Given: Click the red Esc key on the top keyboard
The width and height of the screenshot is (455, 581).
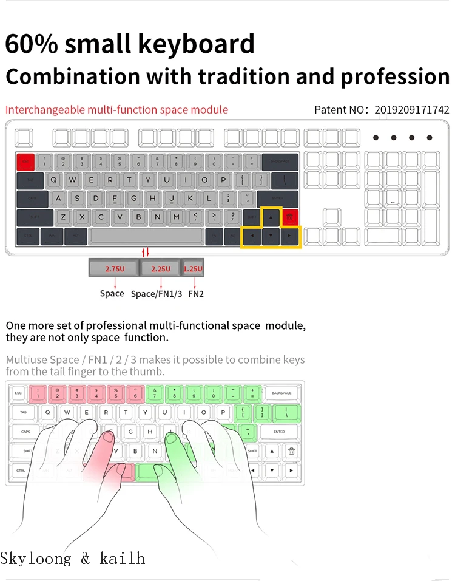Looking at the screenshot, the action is (x=25, y=161).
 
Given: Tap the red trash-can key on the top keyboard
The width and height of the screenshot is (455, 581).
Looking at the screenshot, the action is (x=290, y=217).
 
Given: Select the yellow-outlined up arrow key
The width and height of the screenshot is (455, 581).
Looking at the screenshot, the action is (x=271, y=217).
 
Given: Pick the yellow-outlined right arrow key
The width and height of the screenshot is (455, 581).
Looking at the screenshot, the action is (x=290, y=236).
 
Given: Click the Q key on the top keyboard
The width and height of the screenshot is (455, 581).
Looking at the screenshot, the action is (x=54, y=180).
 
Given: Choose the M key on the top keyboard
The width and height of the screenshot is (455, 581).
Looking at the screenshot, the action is (x=175, y=217).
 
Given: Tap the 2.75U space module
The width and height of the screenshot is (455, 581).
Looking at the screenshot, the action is (x=113, y=268).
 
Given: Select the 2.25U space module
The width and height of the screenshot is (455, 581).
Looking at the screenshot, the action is (x=160, y=268).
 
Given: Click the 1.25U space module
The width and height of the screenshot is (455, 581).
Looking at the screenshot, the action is (x=193, y=268).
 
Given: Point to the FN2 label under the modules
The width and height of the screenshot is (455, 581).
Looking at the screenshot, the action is (x=196, y=294).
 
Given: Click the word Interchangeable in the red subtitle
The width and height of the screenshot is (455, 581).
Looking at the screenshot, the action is (x=45, y=110).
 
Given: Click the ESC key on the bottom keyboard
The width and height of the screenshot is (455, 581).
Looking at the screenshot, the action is (x=18, y=393).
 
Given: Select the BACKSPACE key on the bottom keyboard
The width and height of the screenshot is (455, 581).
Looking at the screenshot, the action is (x=281, y=393).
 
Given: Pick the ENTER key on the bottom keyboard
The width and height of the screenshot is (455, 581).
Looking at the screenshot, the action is (x=278, y=432).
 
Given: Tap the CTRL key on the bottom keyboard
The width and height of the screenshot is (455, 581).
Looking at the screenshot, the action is (x=21, y=470).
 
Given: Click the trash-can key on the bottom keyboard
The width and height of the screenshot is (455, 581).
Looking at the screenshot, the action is (x=291, y=451).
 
